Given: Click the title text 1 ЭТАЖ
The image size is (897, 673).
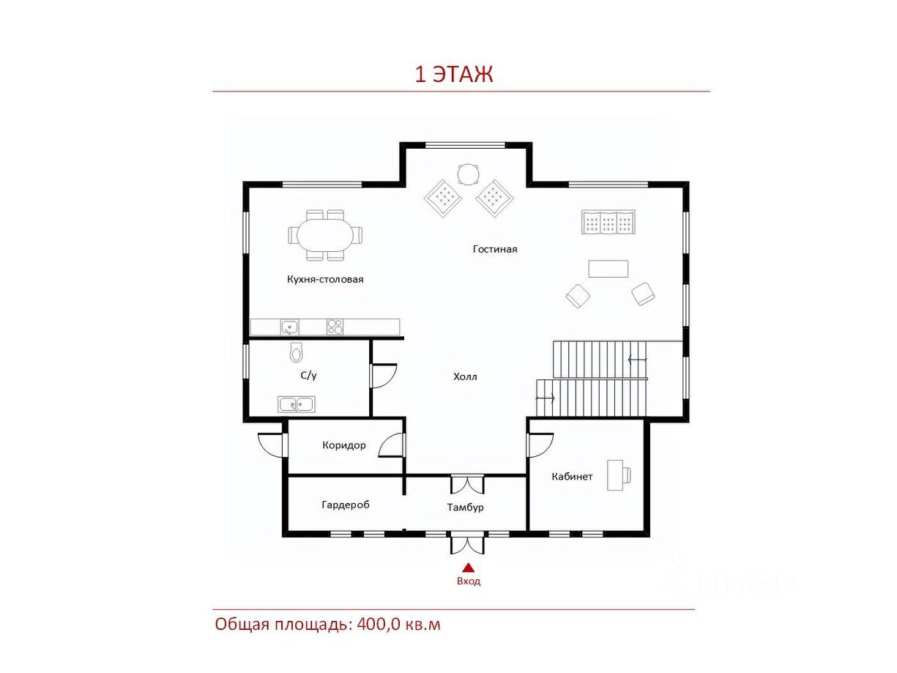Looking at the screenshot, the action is (453, 74).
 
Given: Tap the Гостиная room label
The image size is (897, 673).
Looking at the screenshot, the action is (495, 249).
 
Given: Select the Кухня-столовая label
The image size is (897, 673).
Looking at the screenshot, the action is (325, 280).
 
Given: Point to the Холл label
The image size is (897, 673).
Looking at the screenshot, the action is (465, 376).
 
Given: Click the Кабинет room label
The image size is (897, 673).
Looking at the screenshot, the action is (572, 477).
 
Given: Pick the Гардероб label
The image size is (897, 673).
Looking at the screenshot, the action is (346, 505).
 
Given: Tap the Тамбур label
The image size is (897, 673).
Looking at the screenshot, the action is (465, 507).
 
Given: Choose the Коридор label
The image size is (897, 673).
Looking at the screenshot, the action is (343, 445).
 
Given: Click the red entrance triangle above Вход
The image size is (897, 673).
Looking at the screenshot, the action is (469, 568).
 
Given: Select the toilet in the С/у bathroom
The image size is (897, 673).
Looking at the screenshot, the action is (296, 352).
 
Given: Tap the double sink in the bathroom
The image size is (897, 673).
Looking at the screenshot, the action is (297, 404).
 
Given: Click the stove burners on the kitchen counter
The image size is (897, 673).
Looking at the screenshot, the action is (335, 327).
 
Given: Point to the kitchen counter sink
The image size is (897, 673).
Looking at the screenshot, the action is (290, 327).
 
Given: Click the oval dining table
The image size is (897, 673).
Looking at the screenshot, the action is (325, 235).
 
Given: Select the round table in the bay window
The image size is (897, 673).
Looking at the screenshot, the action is (468, 175).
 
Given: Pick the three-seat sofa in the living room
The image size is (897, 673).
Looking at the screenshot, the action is (608, 223).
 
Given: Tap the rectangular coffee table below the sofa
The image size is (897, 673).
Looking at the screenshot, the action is (608, 269).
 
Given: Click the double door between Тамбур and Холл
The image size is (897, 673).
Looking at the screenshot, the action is (467, 485).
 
